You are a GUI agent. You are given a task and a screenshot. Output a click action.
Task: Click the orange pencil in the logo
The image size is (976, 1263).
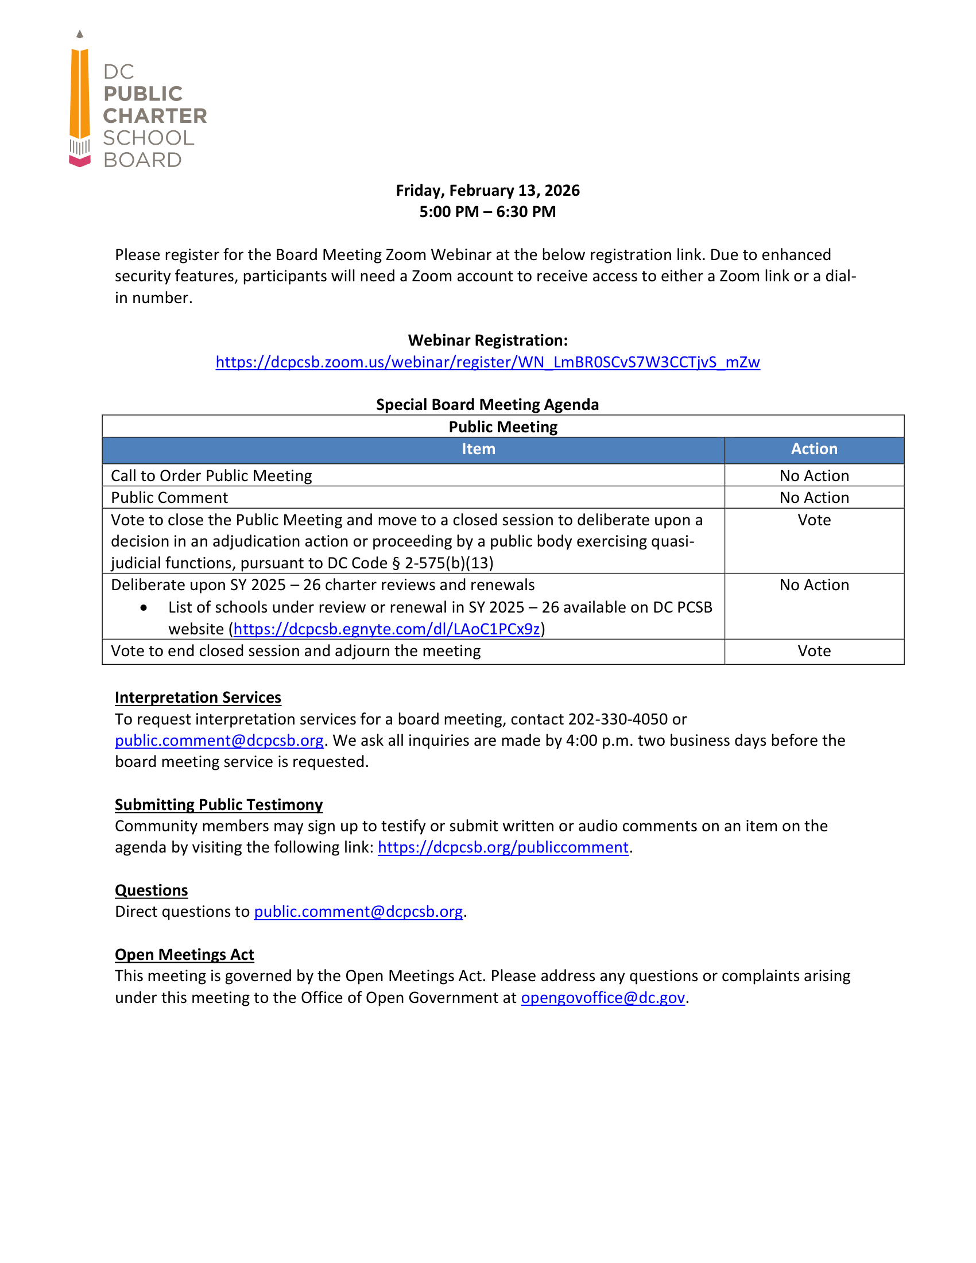point(80,95)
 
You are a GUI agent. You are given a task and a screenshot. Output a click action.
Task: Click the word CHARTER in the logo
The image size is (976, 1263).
point(155,115)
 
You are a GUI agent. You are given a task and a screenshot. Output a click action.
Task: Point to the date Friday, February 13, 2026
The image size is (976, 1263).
point(487,190)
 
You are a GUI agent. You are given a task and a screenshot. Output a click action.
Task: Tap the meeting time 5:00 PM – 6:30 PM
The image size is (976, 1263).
point(487,212)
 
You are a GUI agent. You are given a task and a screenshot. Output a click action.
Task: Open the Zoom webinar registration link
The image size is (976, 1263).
point(487,362)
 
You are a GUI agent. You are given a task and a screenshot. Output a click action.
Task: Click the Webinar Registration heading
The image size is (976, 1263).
point(487,340)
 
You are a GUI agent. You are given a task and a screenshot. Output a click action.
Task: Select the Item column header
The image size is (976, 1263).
point(478,449)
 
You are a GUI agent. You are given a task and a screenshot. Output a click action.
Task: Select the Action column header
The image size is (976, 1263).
point(814,449)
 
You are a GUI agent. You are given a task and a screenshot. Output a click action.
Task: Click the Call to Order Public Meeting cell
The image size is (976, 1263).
point(212,475)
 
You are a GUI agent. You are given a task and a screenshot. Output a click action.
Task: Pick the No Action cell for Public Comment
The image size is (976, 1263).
point(814,497)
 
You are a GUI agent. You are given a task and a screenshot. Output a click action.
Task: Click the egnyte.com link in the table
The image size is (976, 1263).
point(386,629)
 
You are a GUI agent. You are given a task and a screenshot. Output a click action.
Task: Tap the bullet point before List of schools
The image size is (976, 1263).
point(144,607)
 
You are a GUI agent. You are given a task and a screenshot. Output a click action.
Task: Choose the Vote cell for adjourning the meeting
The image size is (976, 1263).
point(814,650)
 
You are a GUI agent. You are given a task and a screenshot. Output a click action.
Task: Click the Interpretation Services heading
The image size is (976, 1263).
point(197,698)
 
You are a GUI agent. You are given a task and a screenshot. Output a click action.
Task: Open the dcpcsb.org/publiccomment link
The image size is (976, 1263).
point(502,847)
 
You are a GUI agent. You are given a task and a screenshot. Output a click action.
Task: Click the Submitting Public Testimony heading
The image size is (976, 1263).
point(219,804)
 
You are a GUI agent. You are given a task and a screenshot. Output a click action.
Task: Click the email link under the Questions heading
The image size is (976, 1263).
point(358,912)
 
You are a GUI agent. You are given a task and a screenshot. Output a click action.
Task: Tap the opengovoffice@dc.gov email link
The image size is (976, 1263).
point(602,998)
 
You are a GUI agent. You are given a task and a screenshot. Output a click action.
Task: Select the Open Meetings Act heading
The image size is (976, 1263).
point(184,954)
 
